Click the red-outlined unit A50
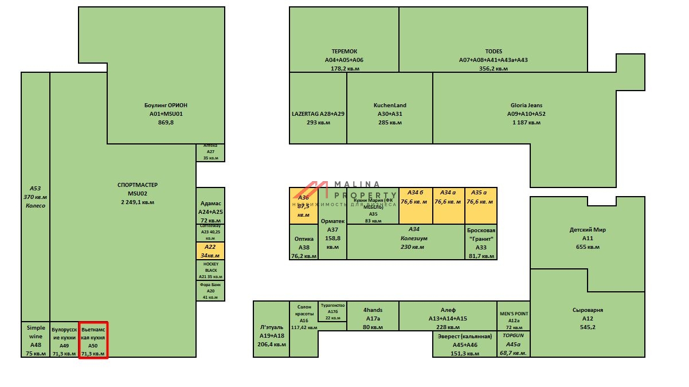click(93, 340)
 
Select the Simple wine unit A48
click(36, 340)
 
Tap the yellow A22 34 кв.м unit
click(210, 251)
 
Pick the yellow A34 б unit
click(416, 205)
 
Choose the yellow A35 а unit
click(480, 205)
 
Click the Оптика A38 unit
click(304, 242)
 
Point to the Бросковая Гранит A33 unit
click(480, 242)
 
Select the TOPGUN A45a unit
click(513, 344)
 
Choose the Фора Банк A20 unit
click(210, 291)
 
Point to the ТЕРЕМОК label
click(344, 52)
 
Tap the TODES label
click(493, 52)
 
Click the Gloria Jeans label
click(526, 105)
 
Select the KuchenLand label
click(390, 105)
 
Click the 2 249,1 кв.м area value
click(138, 202)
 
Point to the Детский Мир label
click(588, 230)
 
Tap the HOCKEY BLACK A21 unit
click(210, 270)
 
